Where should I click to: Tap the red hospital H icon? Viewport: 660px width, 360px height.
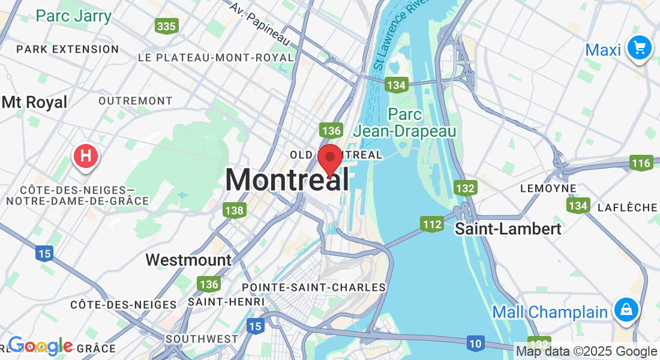(x=86, y=157)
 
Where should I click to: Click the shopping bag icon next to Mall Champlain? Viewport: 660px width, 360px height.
(x=626, y=310)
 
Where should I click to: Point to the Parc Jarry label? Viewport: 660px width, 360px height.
(x=73, y=16)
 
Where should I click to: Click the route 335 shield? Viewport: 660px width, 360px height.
(x=166, y=26)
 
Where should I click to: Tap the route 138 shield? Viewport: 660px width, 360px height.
(x=234, y=210)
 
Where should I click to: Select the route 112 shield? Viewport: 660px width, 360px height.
(x=432, y=225)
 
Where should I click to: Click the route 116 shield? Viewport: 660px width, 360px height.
(x=641, y=163)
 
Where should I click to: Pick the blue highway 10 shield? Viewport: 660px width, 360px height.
(x=475, y=344)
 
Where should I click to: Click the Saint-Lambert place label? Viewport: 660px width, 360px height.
(x=508, y=229)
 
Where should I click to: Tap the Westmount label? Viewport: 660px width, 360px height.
(x=188, y=260)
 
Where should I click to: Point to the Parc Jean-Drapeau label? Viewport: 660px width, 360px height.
(x=405, y=122)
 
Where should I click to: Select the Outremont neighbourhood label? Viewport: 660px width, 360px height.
(x=135, y=101)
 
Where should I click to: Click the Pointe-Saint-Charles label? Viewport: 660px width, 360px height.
(x=313, y=287)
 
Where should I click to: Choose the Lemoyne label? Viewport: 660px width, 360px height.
(x=548, y=188)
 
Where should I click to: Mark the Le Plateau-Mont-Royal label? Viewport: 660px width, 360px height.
(x=216, y=58)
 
